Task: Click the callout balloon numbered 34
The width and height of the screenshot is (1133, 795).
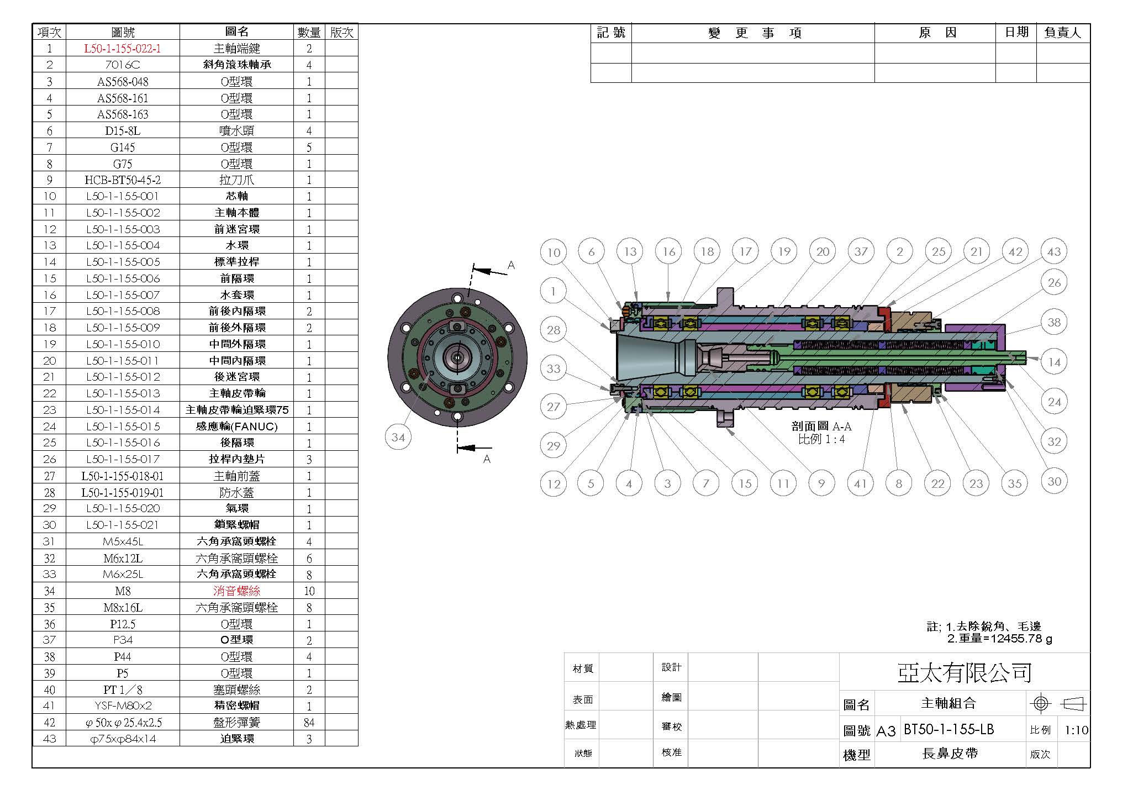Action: [398, 438]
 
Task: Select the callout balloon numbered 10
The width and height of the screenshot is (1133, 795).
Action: [554, 252]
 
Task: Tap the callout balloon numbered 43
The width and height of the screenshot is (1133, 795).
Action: [1053, 252]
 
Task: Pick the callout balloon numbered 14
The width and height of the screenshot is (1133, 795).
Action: [1054, 362]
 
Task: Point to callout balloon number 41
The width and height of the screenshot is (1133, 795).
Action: [860, 484]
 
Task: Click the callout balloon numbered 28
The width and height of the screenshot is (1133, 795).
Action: [554, 330]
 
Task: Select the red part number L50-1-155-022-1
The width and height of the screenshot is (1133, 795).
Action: [123, 49]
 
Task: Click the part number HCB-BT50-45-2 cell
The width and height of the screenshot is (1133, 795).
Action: [123, 180]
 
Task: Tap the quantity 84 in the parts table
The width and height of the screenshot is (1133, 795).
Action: [309, 723]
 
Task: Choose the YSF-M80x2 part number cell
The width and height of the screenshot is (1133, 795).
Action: [123, 706]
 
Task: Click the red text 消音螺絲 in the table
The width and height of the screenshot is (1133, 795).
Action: [237, 591]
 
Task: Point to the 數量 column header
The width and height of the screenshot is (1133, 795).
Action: [309, 33]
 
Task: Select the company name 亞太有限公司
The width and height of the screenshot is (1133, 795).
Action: [965, 672]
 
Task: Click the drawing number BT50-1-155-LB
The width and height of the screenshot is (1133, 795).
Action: [948, 729]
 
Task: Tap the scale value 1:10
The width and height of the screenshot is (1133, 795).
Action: [1076, 730]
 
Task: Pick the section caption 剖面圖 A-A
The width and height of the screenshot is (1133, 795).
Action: [821, 427]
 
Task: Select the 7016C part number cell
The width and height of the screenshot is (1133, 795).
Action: [123, 65]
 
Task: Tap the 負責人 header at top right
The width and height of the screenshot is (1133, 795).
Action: [1062, 33]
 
